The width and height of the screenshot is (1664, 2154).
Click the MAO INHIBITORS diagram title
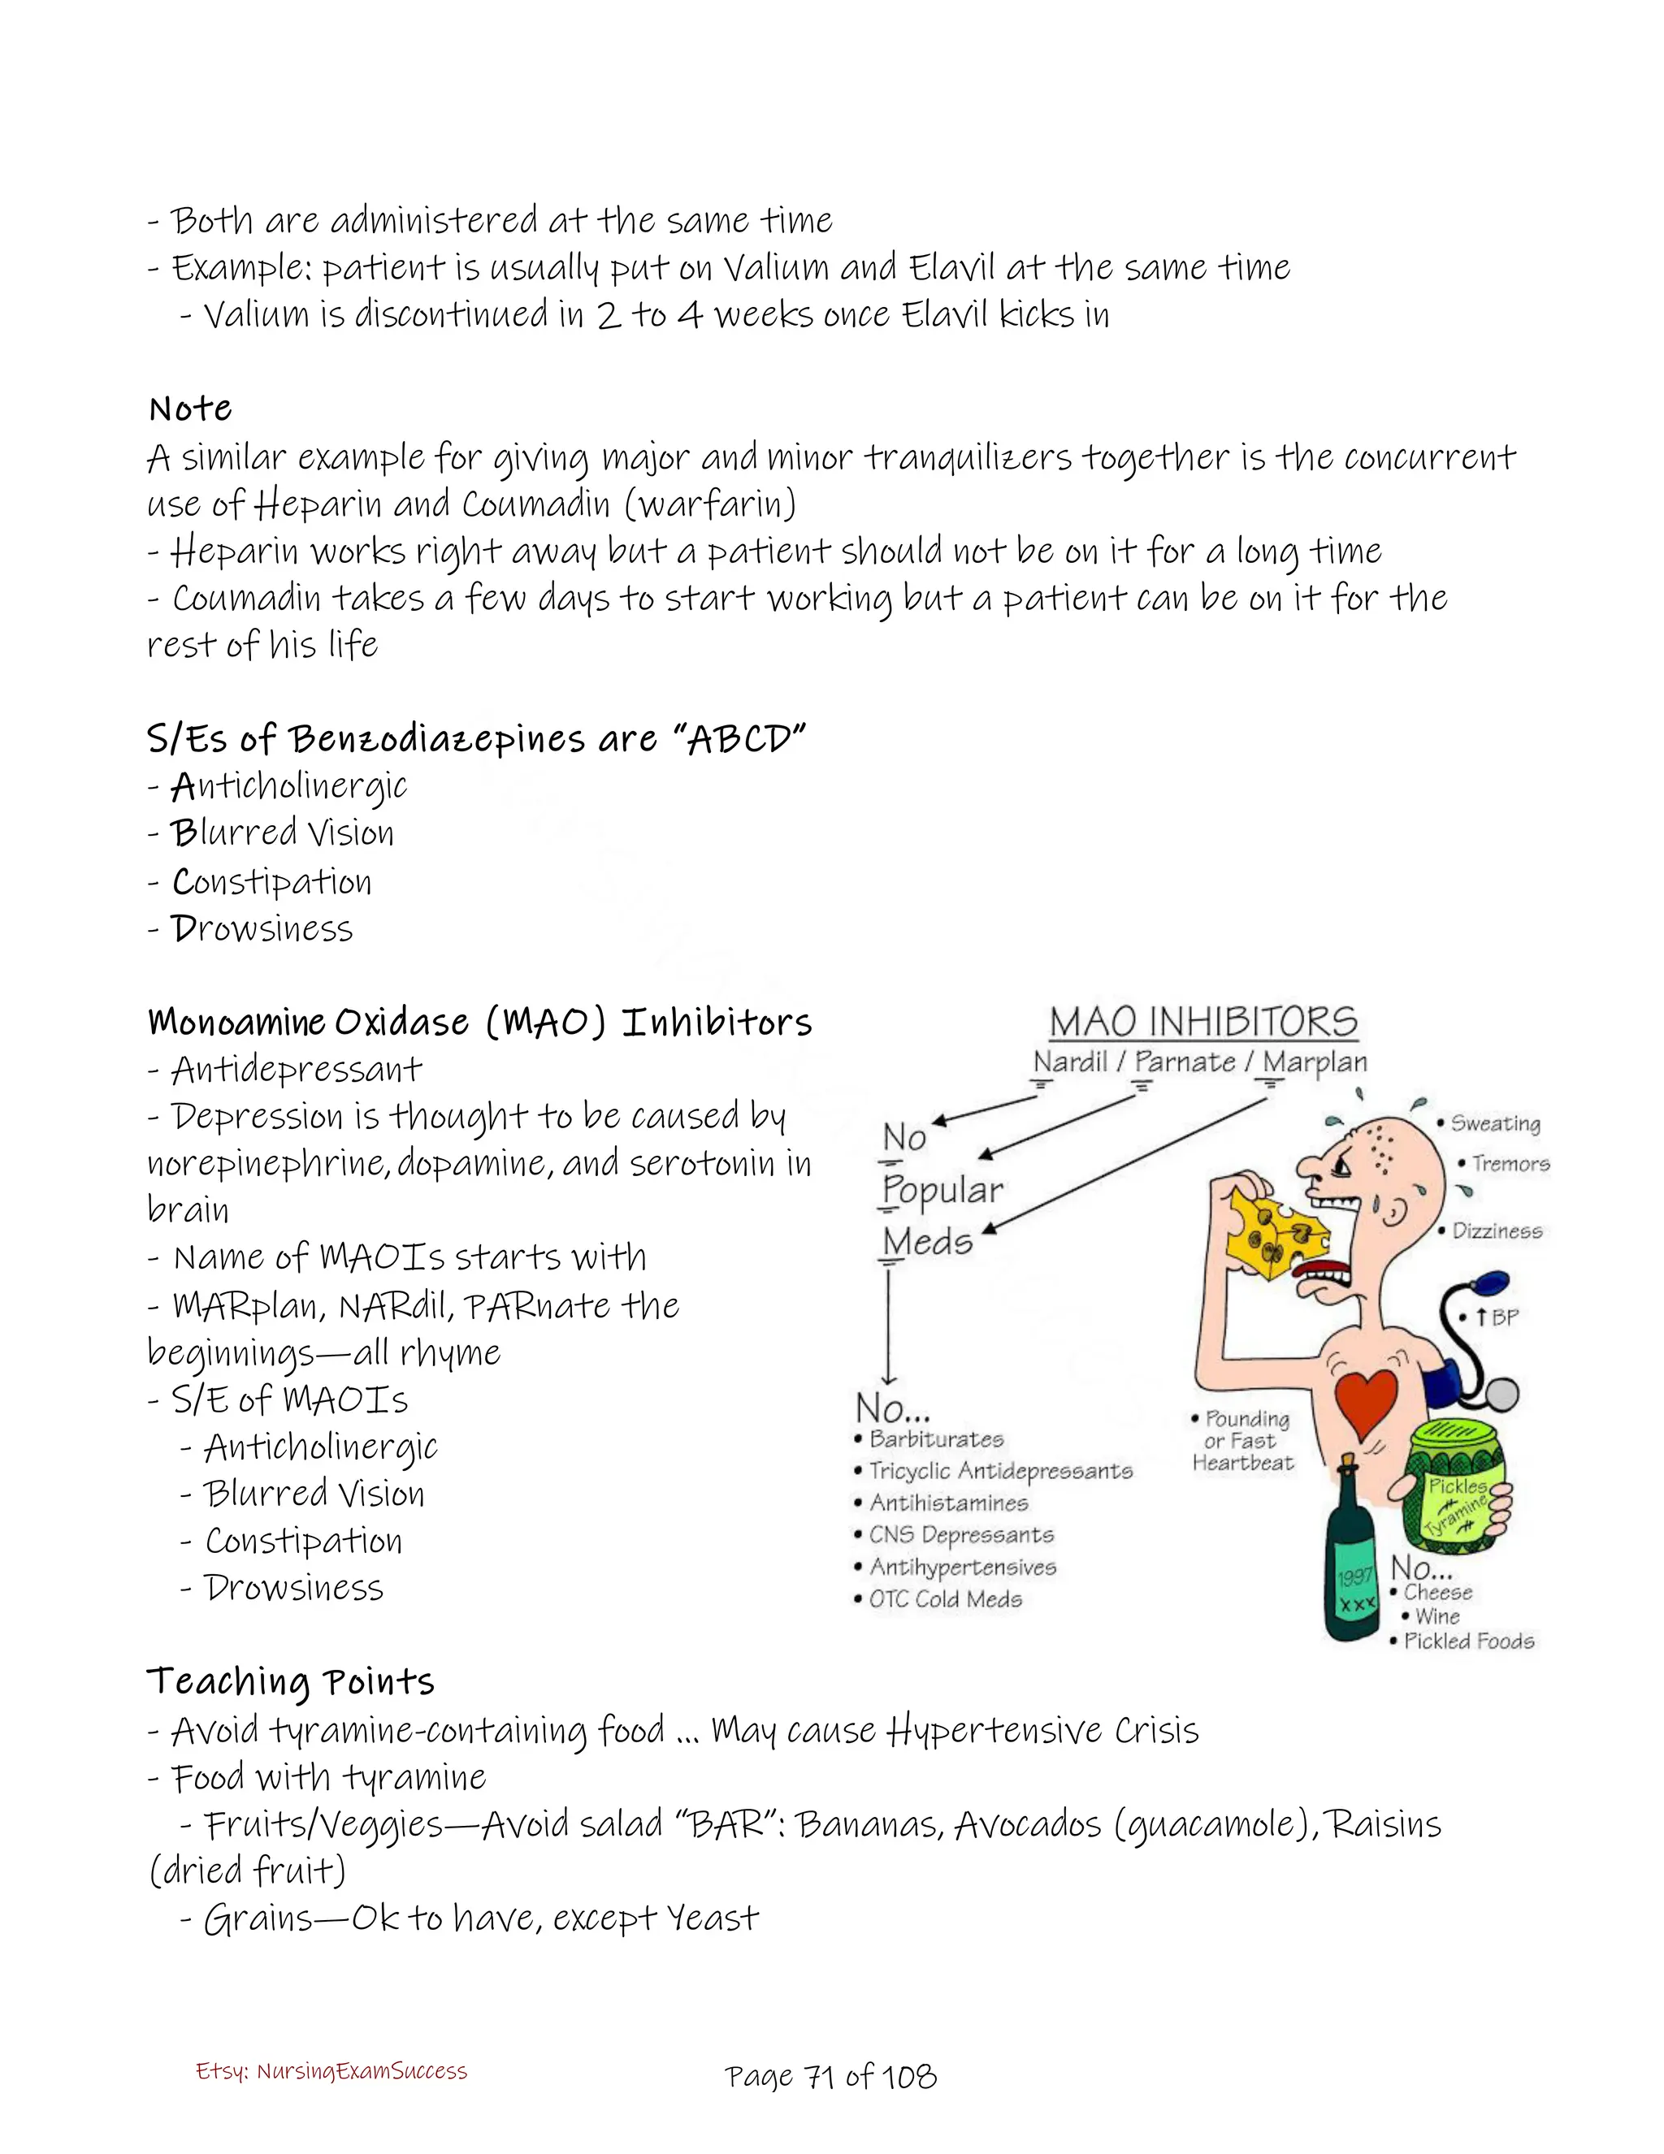[x=1202, y=1022]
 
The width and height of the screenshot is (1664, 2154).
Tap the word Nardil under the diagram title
[x=1070, y=1062]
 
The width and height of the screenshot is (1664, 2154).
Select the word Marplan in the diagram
[x=1315, y=1062]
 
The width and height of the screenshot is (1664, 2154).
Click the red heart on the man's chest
[x=1366, y=1400]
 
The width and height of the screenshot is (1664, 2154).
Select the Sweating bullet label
[x=1494, y=1123]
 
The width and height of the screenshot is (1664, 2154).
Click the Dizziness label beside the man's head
[x=1497, y=1231]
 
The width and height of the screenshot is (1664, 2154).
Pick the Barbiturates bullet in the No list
[x=935, y=1439]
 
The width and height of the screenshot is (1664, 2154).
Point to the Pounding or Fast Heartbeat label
[x=1243, y=1441]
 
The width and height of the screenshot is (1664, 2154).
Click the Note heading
[x=190, y=409]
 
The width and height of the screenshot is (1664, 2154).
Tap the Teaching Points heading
[x=291, y=1681]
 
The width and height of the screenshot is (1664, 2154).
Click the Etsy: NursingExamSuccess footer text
[x=331, y=2071]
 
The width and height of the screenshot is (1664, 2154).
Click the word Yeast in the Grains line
[x=713, y=1918]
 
